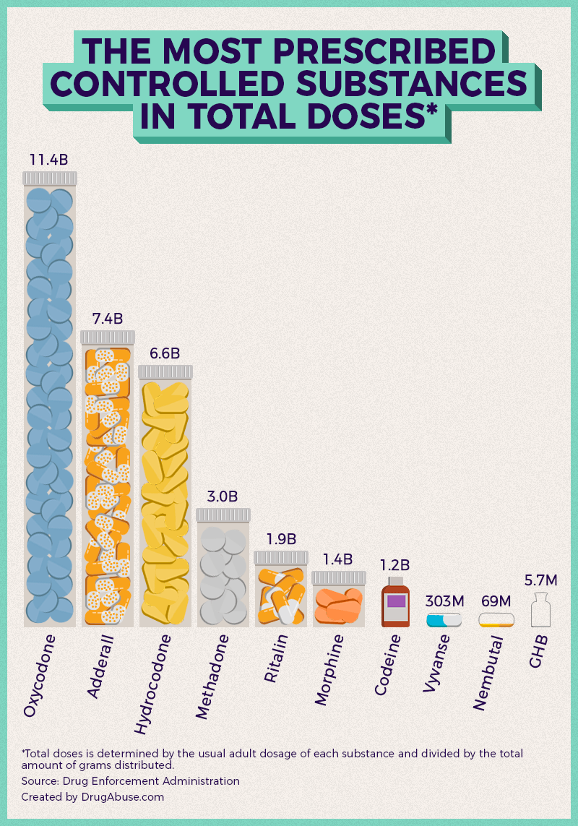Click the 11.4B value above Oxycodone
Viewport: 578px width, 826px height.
pos(48,159)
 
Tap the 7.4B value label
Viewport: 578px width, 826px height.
pos(108,318)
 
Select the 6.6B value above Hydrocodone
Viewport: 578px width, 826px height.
pos(165,353)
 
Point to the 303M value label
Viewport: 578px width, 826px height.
pos(444,601)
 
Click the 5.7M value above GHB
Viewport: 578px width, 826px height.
pos(540,580)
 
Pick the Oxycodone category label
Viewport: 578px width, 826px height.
pos(40,676)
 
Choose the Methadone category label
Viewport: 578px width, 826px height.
pos(212,676)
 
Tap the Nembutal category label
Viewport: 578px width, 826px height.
pos(488,672)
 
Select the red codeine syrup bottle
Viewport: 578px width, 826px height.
pos(395,603)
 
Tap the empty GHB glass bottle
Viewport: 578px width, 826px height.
pos(540,611)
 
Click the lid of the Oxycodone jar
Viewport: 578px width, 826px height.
pos(49,178)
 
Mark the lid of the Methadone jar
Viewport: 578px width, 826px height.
pos(223,515)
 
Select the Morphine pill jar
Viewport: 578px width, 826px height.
pos(338,600)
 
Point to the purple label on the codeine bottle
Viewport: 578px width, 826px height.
pos(396,601)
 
